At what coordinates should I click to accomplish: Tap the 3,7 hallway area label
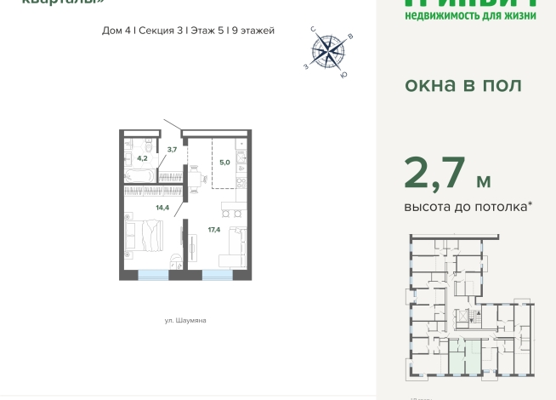(172, 150)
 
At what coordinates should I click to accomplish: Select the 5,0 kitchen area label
(224, 161)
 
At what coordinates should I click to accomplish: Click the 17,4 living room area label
(213, 229)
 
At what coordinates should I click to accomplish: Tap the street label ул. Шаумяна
(185, 321)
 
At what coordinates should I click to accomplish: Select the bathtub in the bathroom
(139, 175)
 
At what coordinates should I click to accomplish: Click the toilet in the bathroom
(147, 141)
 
